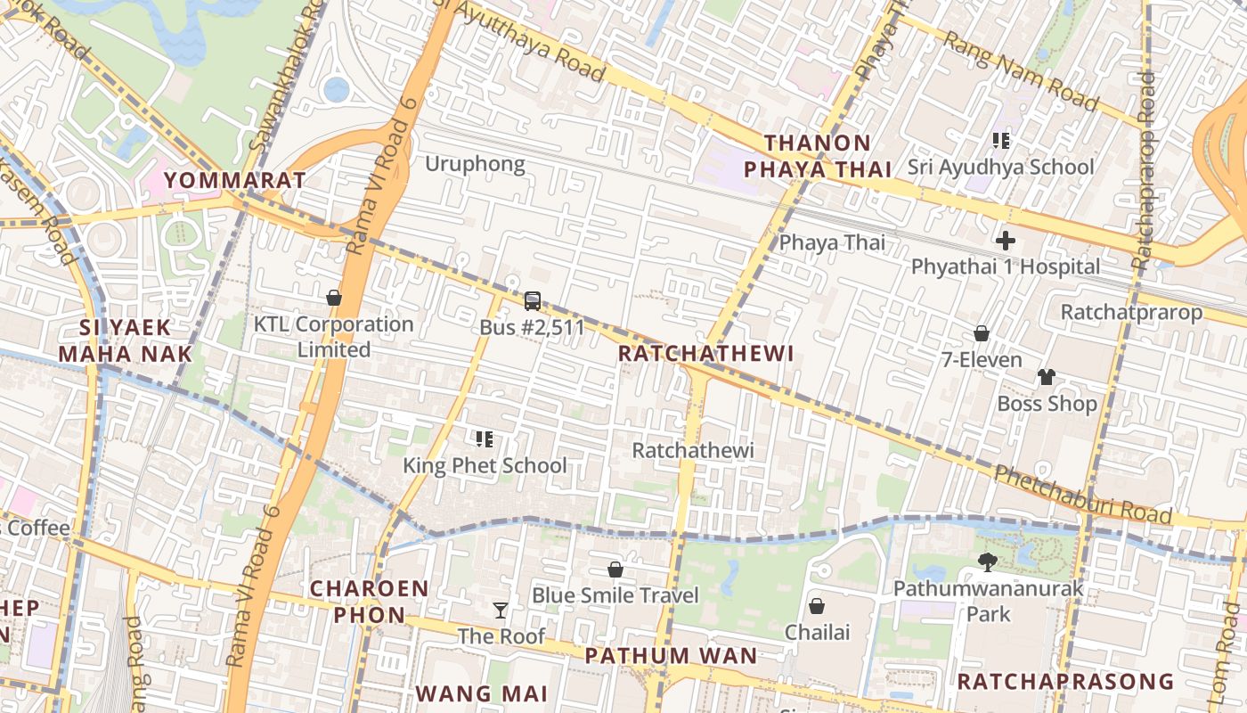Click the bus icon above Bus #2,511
pyautogui.click(x=533, y=301)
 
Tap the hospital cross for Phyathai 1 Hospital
pyautogui.click(x=1006, y=241)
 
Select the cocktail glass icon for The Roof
pyautogui.click(x=501, y=611)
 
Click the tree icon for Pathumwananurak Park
pyautogui.click(x=987, y=561)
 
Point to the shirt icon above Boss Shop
pyautogui.click(x=1047, y=377)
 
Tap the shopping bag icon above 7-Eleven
pyautogui.click(x=981, y=333)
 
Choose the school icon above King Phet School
pyautogui.click(x=485, y=438)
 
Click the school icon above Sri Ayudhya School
pyautogui.click(x=1000, y=140)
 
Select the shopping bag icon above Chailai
pyautogui.click(x=817, y=606)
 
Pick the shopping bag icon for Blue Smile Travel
pyautogui.click(x=615, y=569)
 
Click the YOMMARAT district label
pyautogui.click(x=235, y=180)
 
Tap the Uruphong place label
pyautogui.click(x=475, y=164)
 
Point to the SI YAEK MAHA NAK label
pyautogui.click(x=125, y=340)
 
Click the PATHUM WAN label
pyautogui.click(x=671, y=656)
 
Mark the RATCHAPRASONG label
pyautogui.click(x=1065, y=682)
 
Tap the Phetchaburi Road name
pyautogui.click(x=1082, y=495)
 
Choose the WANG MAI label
pyautogui.click(x=481, y=693)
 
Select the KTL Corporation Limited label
pyautogui.click(x=334, y=337)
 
